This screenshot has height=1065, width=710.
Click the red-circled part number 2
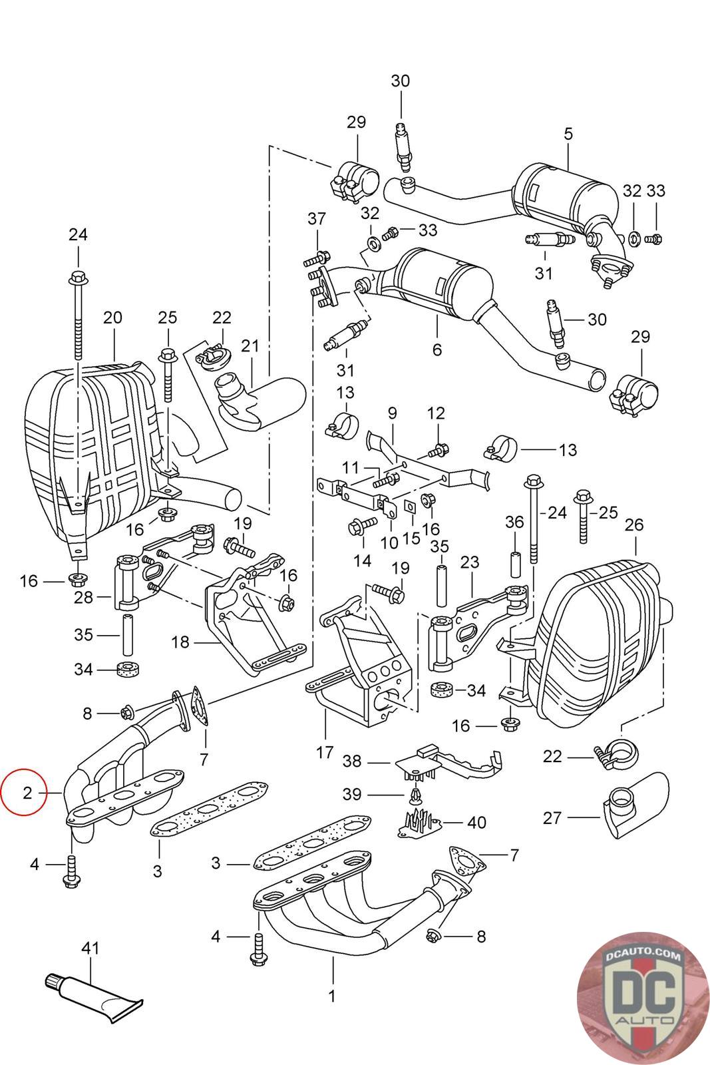27,793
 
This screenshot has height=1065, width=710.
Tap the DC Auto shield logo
643,999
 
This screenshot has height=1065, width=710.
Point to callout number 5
569,134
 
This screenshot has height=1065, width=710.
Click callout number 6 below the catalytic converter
437,349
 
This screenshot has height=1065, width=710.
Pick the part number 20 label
112,317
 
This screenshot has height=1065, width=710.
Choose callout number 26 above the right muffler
634,525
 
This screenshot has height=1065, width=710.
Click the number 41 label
90,948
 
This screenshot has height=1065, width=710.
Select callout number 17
325,753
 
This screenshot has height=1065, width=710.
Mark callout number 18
180,642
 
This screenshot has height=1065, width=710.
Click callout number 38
352,761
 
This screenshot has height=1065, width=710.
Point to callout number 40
476,822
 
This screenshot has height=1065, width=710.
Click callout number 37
317,218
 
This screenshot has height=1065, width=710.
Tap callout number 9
392,413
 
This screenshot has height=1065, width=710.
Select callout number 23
470,562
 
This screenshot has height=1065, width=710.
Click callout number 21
250,345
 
